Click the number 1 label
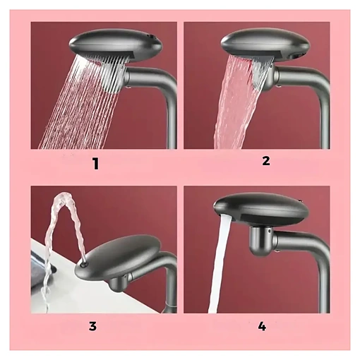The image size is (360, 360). (95, 164)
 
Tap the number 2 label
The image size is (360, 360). (266, 161)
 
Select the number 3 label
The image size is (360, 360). (92, 326)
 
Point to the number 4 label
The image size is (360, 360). (262, 326)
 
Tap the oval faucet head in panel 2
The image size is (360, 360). (265, 46)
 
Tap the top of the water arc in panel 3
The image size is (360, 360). (61, 195)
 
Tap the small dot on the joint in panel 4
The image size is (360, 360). (269, 232)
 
